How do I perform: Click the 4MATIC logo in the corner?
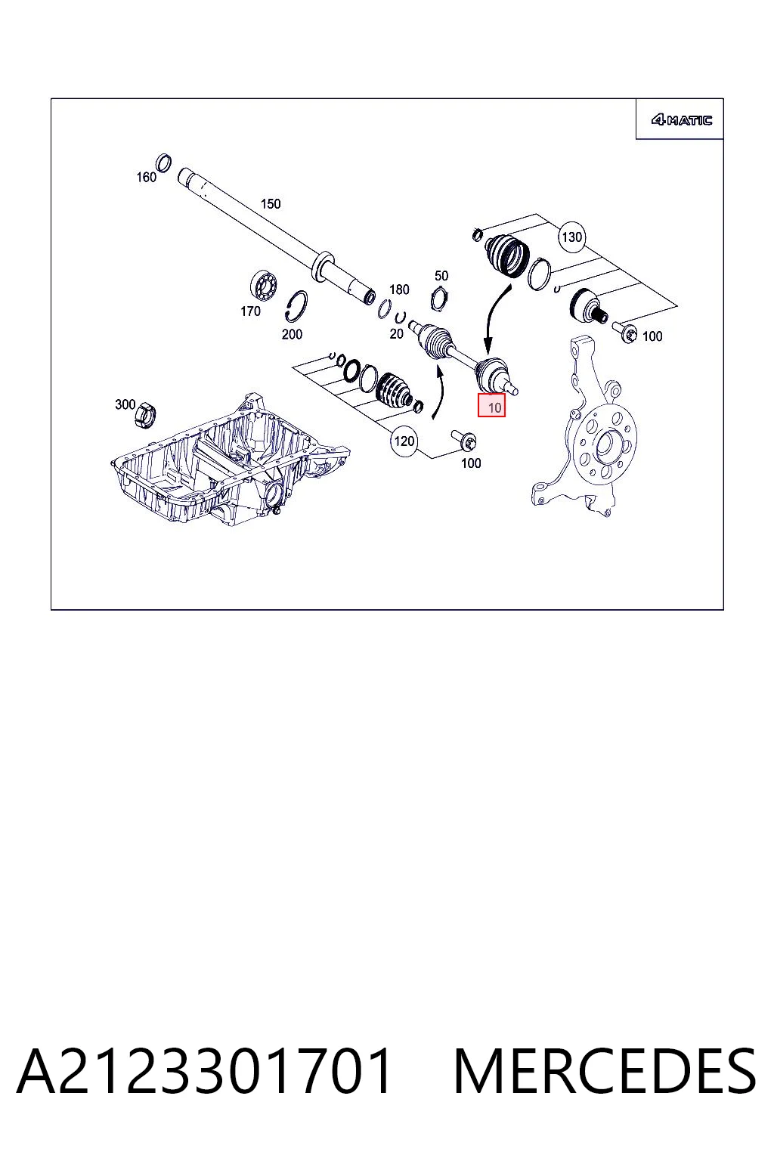coord(681,120)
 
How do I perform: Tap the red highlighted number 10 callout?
coord(491,405)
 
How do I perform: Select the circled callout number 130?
coord(572,237)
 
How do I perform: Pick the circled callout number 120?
coord(404,441)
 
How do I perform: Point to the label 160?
coord(146,178)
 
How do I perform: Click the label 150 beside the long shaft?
coord(270,203)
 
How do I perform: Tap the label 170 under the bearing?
coord(250,311)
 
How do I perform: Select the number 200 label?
coord(292,334)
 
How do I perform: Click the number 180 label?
coord(399,289)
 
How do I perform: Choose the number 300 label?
coord(125,404)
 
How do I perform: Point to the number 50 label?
coord(441,276)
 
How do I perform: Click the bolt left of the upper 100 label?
coord(625,332)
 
